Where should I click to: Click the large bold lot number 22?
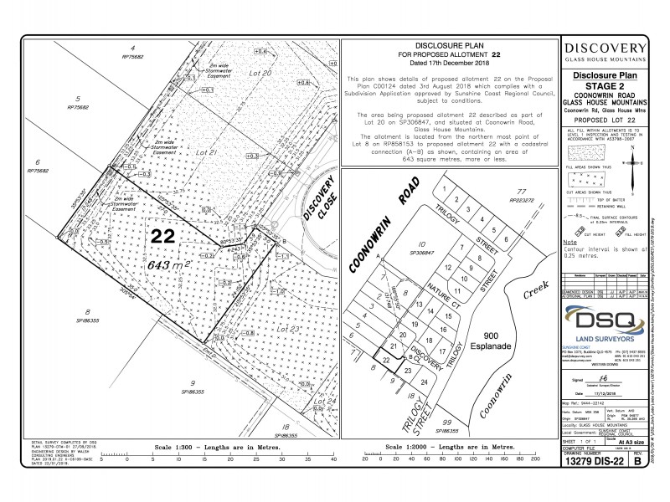163,237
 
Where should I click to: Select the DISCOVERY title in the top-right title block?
605,49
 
